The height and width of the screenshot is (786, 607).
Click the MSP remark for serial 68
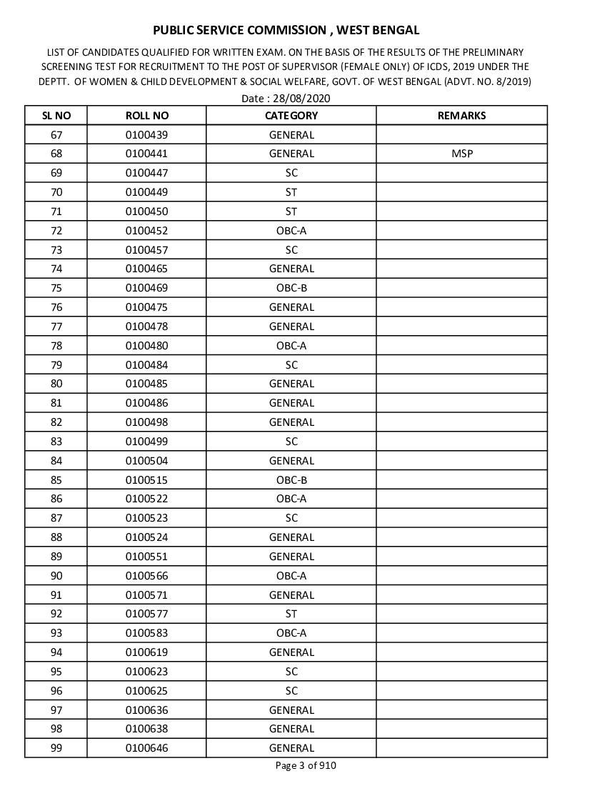pos(462,154)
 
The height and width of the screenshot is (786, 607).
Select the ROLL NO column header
pos(146,116)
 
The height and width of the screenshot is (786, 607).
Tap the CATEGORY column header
pos(291,116)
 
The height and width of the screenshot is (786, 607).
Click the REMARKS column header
pos(461,116)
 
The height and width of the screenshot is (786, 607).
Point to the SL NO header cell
pos(56,116)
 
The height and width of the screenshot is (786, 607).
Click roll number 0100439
pos(146,135)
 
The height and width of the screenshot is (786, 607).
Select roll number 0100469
pos(146,288)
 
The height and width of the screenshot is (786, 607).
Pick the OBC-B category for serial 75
pos(291,288)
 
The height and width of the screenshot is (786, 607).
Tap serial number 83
pos(56,442)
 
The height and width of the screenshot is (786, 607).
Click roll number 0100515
pos(146,480)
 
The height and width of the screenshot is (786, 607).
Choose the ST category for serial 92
pos(291,614)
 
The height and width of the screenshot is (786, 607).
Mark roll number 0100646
pos(146,748)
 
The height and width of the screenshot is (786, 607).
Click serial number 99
pos(56,748)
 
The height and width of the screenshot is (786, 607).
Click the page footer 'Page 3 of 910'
pos(306,766)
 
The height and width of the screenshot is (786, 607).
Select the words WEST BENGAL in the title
pos(378,30)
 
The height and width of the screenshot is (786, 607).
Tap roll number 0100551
pos(146,557)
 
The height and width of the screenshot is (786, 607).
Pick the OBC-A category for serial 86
pos(291,499)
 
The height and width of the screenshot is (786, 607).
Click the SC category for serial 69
pos(291,173)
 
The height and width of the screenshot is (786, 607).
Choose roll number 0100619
pos(146,652)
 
